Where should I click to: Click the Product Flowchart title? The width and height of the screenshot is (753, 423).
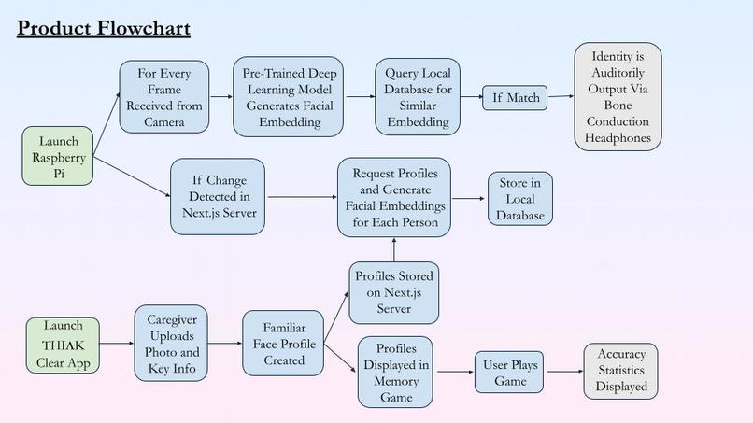pyautogui.click(x=104, y=28)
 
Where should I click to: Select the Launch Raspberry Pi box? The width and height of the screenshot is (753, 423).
pyautogui.click(x=58, y=156)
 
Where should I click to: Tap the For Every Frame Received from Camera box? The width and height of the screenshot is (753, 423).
pyautogui.click(x=164, y=97)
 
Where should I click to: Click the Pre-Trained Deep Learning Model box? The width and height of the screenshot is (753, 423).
pyautogui.click(x=288, y=97)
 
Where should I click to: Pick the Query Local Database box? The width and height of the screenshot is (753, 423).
pyautogui.click(x=418, y=97)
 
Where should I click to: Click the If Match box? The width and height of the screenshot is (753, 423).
pyautogui.click(x=515, y=98)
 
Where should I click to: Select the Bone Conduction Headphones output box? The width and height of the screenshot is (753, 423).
pyautogui.click(x=618, y=97)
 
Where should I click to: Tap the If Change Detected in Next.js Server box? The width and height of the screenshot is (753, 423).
pyautogui.click(x=218, y=197)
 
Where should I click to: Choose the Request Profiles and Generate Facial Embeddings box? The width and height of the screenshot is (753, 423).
pyautogui.click(x=394, y=197)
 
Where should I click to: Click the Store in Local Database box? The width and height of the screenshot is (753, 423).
pyautogui.click(x=520, y=199)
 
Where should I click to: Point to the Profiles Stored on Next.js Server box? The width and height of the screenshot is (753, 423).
pyautogui.click(x=394, y=293)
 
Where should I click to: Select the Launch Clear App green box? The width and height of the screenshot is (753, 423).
pyautogui.click(x=63, y=345)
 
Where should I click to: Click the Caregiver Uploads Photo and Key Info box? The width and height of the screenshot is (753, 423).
pyautogui.click(x=171, y=344)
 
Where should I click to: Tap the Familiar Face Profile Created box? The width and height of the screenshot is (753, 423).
pyautogui.click(x=283, y=344)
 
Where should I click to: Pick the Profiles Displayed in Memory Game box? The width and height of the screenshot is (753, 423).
pyautogui.click(x=396, y=372)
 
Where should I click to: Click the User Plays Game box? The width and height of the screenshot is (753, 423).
pyautogui.click(x=509, y=372)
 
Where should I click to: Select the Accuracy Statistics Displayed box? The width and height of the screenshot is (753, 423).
pyautogui.click(x=621, y=371)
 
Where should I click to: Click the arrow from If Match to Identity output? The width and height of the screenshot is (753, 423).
pyautogui.click(x=561, y=96)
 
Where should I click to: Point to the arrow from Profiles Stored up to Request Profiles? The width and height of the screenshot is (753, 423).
pyautogui.click(x=394, y=249)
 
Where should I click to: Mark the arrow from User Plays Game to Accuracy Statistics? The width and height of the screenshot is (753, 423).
pyautogui.click(x=564, y=372)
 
